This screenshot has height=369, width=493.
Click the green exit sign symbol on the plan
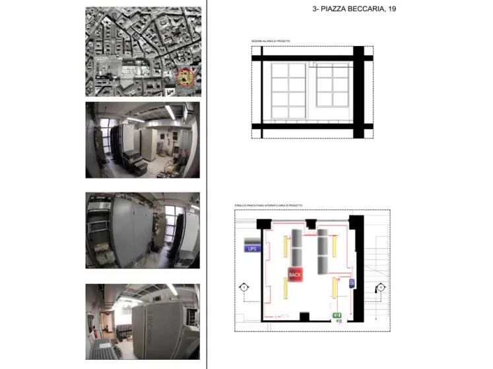pyautogui.click(x=337, y=316)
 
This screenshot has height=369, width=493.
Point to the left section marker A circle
pyautogui.click(x=243, y=287)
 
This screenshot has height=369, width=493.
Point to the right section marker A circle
pyautogui.click(x=381, y=287)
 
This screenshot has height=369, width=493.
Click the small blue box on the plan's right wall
pyautogui.click(x=351, y=283)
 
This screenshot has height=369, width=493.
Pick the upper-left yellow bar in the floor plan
pyautogui.click(x=286, y=246)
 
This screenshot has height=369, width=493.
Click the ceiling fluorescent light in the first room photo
pyautogui.click(x=170, y=113)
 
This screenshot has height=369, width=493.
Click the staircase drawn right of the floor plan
pyautogui.click(x=377, y=251)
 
